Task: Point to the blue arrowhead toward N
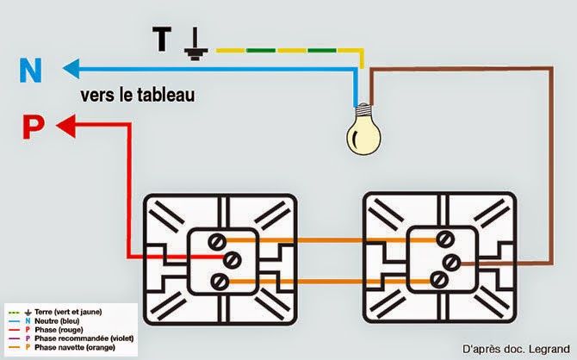click(x=68, y=66)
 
